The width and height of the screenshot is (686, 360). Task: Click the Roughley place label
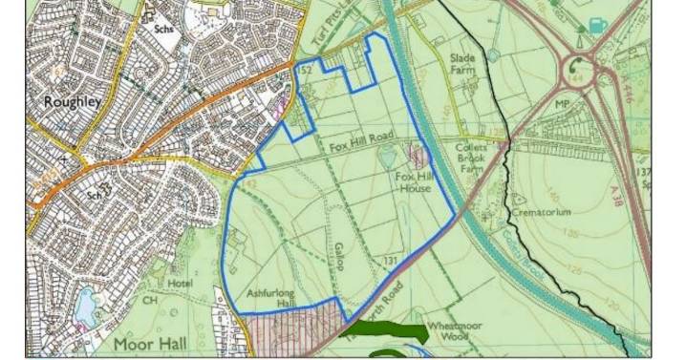[x=64, y=100]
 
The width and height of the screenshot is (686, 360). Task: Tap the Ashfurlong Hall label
[x=272, y=298]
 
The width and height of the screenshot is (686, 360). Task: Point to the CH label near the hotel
[x=150, y=300]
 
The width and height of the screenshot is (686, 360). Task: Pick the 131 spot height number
[x=390, y=260]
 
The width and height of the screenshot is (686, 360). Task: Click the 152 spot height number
[x=307, y=70]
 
